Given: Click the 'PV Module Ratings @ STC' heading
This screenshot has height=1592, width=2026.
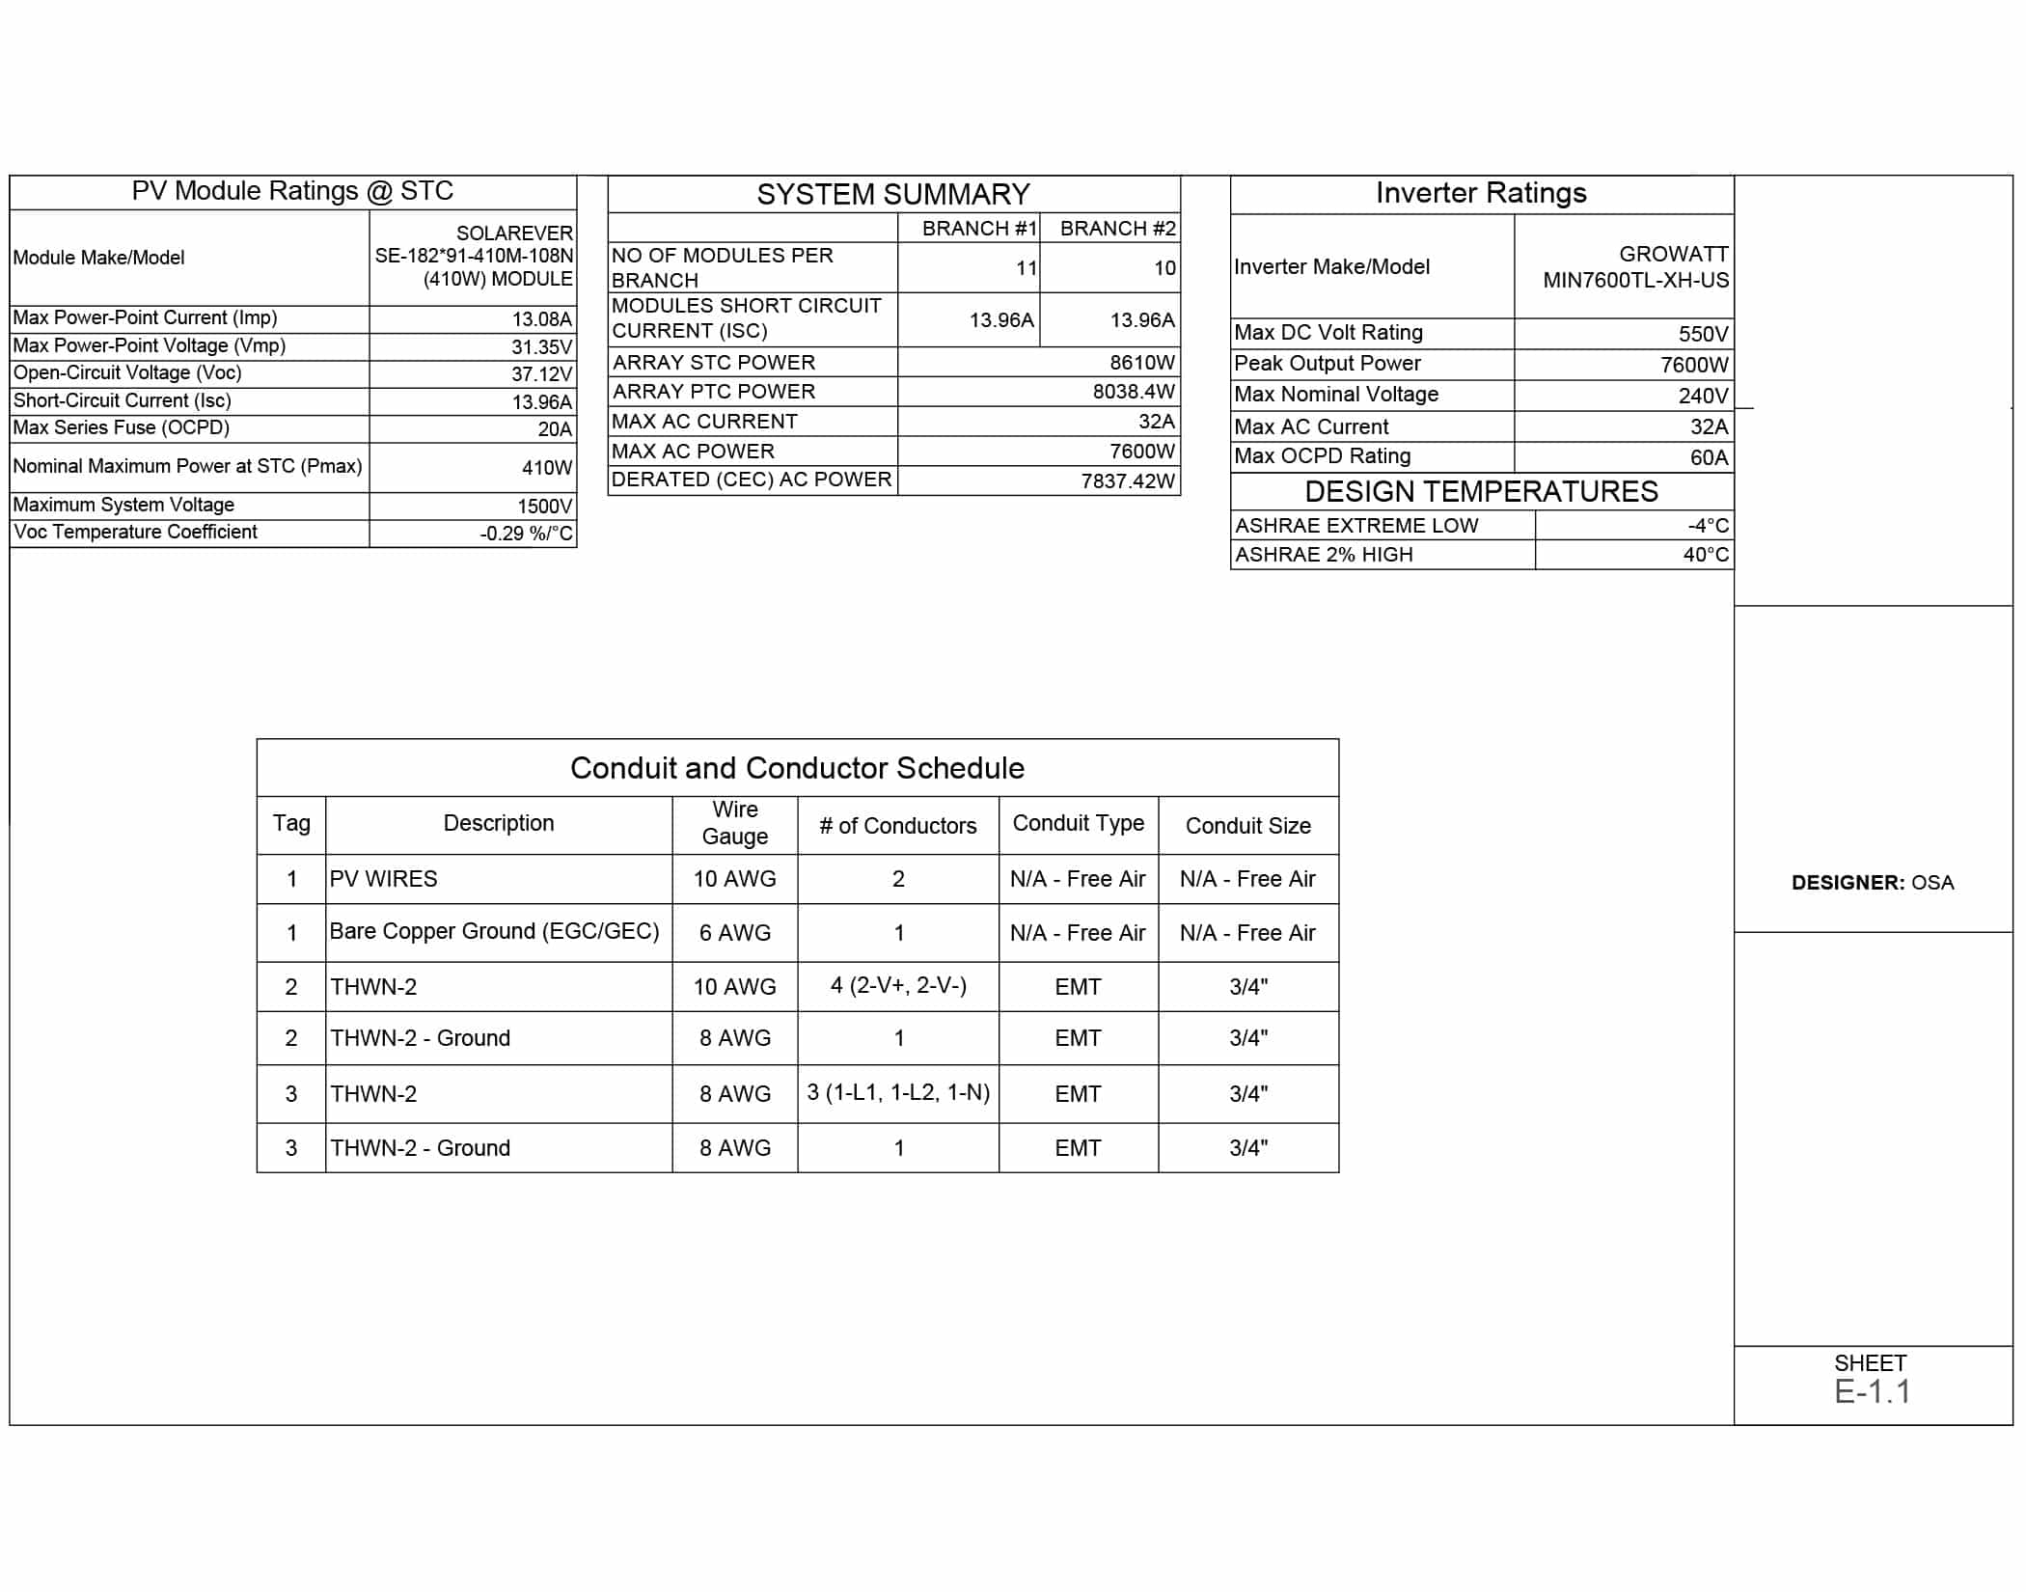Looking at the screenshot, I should pyautogui.click(x=292, y=191).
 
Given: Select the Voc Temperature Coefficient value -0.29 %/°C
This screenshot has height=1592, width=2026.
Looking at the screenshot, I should pyautogui.click(x=526, y=534).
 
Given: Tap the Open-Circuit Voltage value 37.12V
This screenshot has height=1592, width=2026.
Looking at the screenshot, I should pyautogui.click(x=541, y=374).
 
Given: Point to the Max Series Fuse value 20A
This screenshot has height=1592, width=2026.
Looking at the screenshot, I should pyautogui.click(x=555, y=429).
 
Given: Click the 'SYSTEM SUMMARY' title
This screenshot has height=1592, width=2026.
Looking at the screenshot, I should pyautogui.click(x=892, y=195).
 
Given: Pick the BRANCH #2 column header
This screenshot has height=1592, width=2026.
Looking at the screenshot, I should pyautogui.click(x=1117, y=229).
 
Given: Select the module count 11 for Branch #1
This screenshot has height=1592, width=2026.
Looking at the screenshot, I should pyautogui.click(x=1026, y=268).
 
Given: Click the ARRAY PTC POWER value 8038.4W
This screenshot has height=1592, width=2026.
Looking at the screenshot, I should pyautogui.click(x=1134, y=392).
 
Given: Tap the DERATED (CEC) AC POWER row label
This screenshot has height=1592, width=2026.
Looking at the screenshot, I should pyautogui.click(x=752, y=480).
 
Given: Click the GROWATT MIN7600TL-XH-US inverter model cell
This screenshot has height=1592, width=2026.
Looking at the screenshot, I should pyautogui.click(x=1635, y=267).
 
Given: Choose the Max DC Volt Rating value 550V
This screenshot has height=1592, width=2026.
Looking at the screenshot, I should pyautogui.click(x=1703, y=334).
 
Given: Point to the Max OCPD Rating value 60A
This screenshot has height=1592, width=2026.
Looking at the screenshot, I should pyautogui.click(x=1709, y=457).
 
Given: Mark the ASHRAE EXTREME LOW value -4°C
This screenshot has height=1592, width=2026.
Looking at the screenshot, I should pyautogui.click(x=1708, y=526).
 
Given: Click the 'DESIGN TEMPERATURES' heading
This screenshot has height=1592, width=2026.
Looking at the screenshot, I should pyautogui.click(x=1481, y=492).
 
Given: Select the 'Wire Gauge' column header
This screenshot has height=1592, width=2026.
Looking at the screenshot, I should pyautogui.click(x=734, y=823).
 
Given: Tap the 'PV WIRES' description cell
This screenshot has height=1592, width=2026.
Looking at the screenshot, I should pyautogui.click(x=384, y=879).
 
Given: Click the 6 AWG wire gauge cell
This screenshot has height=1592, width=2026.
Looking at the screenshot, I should pyautogui.click(x=734, y=933).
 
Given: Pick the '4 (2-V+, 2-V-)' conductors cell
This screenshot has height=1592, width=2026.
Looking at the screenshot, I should pyautogui.click(x=898, y=985).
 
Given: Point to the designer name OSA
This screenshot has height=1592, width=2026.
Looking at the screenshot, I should pyautogui.click(x=1932, y=883).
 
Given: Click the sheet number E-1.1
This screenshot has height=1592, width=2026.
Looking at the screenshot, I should pyautogui.click(x=1872, y=1391).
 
